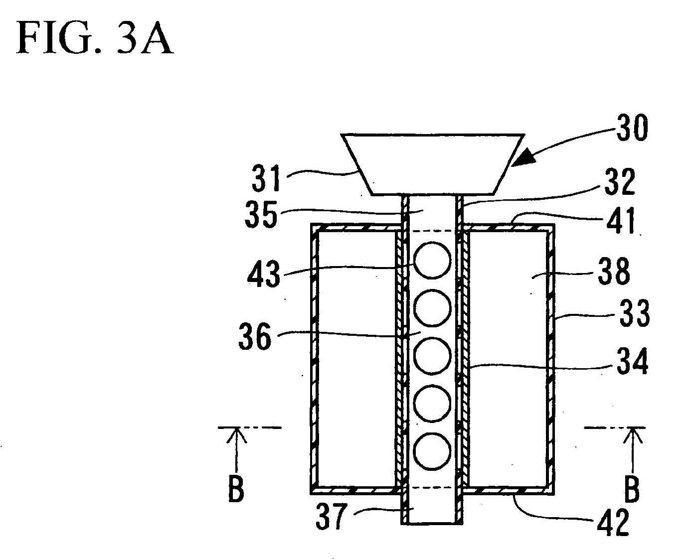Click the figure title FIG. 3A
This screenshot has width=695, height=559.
pyautogui.click(x=95, y=38)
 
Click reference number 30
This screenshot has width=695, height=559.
pyautogui.click(x=632, y=128)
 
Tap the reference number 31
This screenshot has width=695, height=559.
pyautogui.click(x=266, y=178)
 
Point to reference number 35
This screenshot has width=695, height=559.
pyautogui.click(x=261, y=214)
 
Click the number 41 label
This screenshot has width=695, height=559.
pyautogui.click(x=621, y=220)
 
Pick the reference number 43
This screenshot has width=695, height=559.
pyautogui.click(x=263, y=274)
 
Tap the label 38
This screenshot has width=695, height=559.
pyautogui.click(x=614, y=271)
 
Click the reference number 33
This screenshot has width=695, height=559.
pyautogui.click(x=634, y=313)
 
